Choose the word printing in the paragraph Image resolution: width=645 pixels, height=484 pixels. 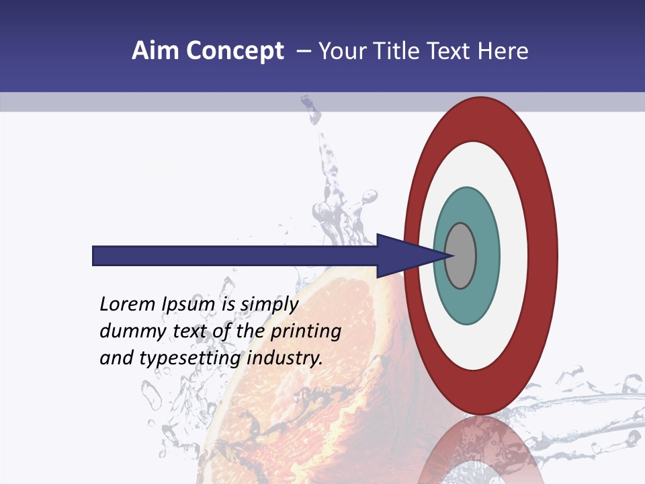[x=305, y=331]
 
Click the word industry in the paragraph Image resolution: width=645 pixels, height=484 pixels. [x=284, y=358]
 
